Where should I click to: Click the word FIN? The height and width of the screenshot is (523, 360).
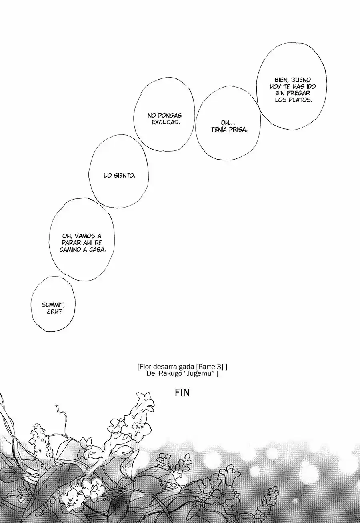tap(182, 393)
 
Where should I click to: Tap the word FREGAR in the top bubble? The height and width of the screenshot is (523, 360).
tap(299, 93)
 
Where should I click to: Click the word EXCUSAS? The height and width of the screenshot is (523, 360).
tap(166, 122)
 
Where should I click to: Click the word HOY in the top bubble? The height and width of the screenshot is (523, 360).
tap(275, 87)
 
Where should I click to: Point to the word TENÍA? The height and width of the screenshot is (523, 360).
tap(219, 130)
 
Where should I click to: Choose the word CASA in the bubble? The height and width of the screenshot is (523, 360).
tap(97, 250)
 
